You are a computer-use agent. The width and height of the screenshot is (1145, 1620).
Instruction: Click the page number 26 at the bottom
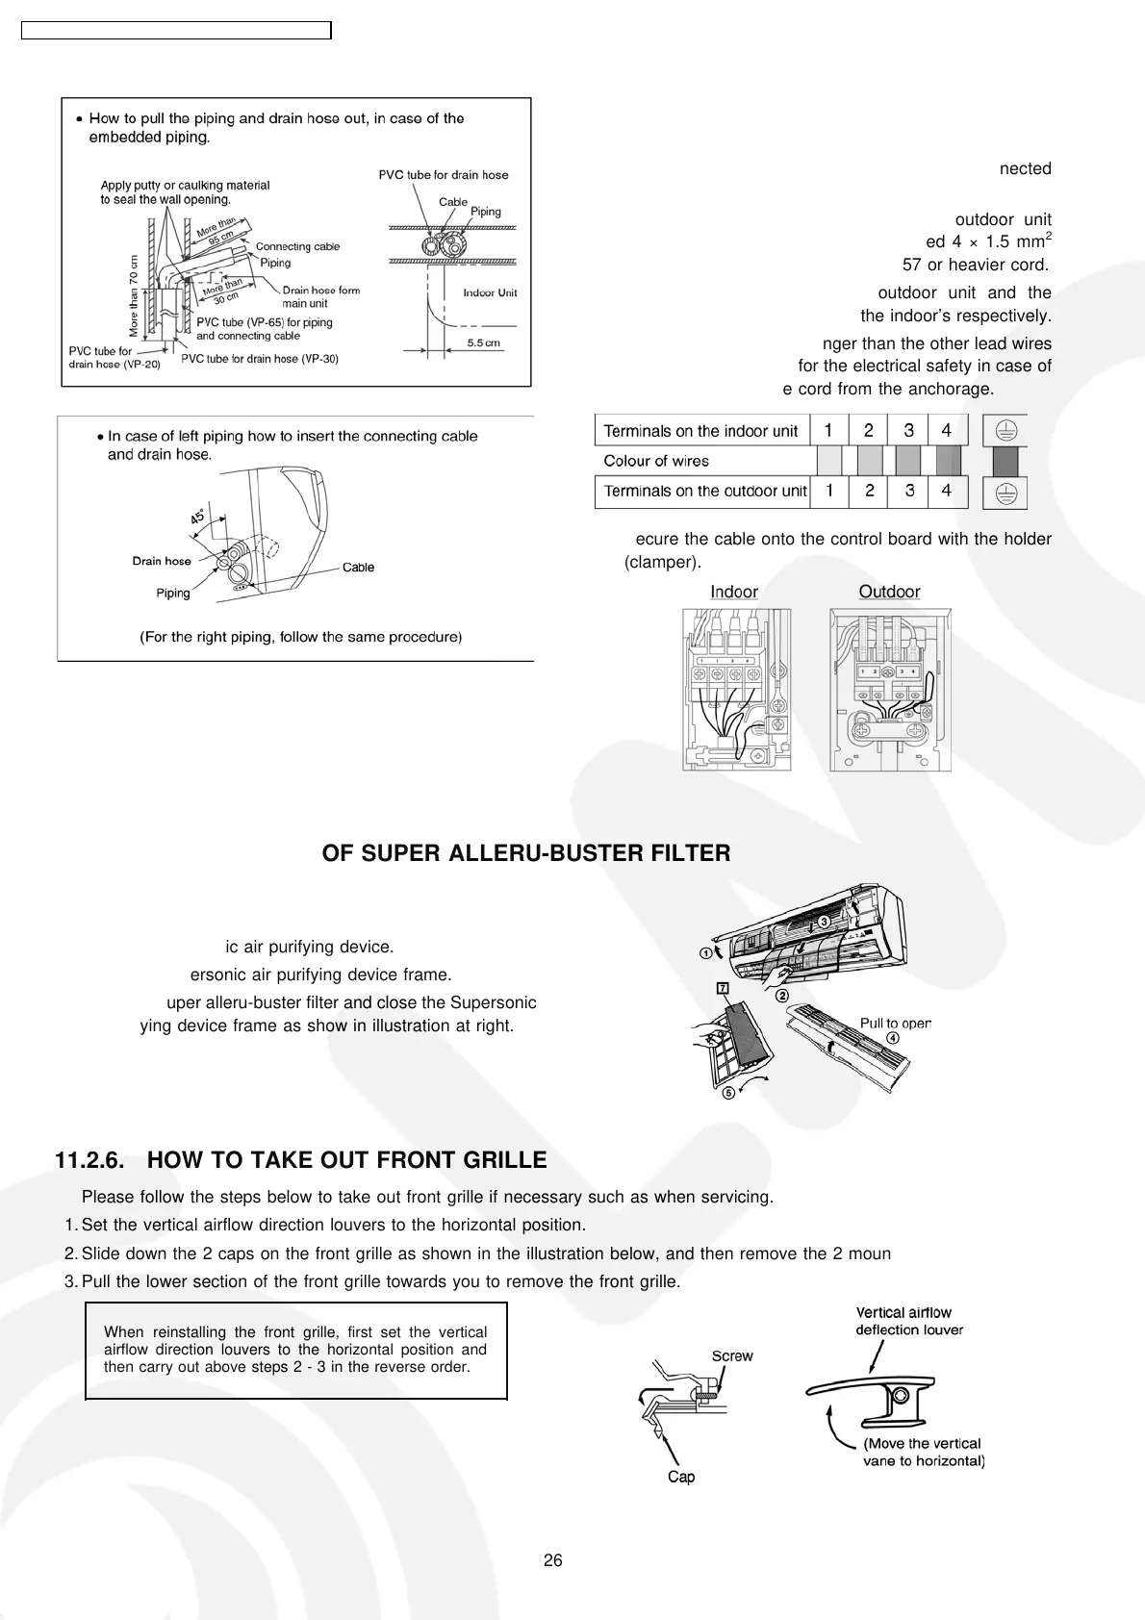tap(552, 1560)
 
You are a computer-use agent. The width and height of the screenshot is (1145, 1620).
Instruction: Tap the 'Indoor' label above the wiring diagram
tap(734, 592)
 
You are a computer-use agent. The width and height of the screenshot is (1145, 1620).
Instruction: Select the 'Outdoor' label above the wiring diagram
tap(889, 592)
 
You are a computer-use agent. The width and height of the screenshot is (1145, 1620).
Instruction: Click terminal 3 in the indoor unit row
tap(908, 430)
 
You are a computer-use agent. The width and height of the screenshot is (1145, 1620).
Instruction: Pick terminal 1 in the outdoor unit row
tap(828, 491)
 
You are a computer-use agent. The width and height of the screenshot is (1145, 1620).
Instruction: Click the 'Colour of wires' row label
tap(655, 461)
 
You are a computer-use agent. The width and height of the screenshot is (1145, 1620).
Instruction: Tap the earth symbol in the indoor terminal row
tap(1005, 431)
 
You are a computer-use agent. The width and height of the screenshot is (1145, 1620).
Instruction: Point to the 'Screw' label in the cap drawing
tap(732, 1355)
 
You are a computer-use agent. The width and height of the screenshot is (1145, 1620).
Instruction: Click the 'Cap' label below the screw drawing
tap(681, 1477)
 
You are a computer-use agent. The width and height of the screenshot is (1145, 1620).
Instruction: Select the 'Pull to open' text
tap(895, 1023)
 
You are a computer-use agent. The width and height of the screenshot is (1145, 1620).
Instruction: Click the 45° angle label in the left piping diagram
tap(197, 517)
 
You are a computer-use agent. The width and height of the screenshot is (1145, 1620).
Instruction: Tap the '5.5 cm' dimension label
tap(484, 342)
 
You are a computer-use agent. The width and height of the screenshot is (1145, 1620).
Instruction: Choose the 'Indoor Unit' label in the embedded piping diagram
tap(490, 292)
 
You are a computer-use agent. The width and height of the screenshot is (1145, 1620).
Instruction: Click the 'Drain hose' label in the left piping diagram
tap(162, 561)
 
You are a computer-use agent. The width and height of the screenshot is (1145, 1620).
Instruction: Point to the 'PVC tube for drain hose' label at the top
tap(443, 174)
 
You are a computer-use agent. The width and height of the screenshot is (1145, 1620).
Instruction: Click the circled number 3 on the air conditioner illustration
tap(825, 922)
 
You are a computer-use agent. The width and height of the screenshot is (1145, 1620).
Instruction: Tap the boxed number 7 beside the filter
tap(723, 988)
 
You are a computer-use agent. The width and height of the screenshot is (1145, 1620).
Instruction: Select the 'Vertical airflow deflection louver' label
tap(909, 1321)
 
